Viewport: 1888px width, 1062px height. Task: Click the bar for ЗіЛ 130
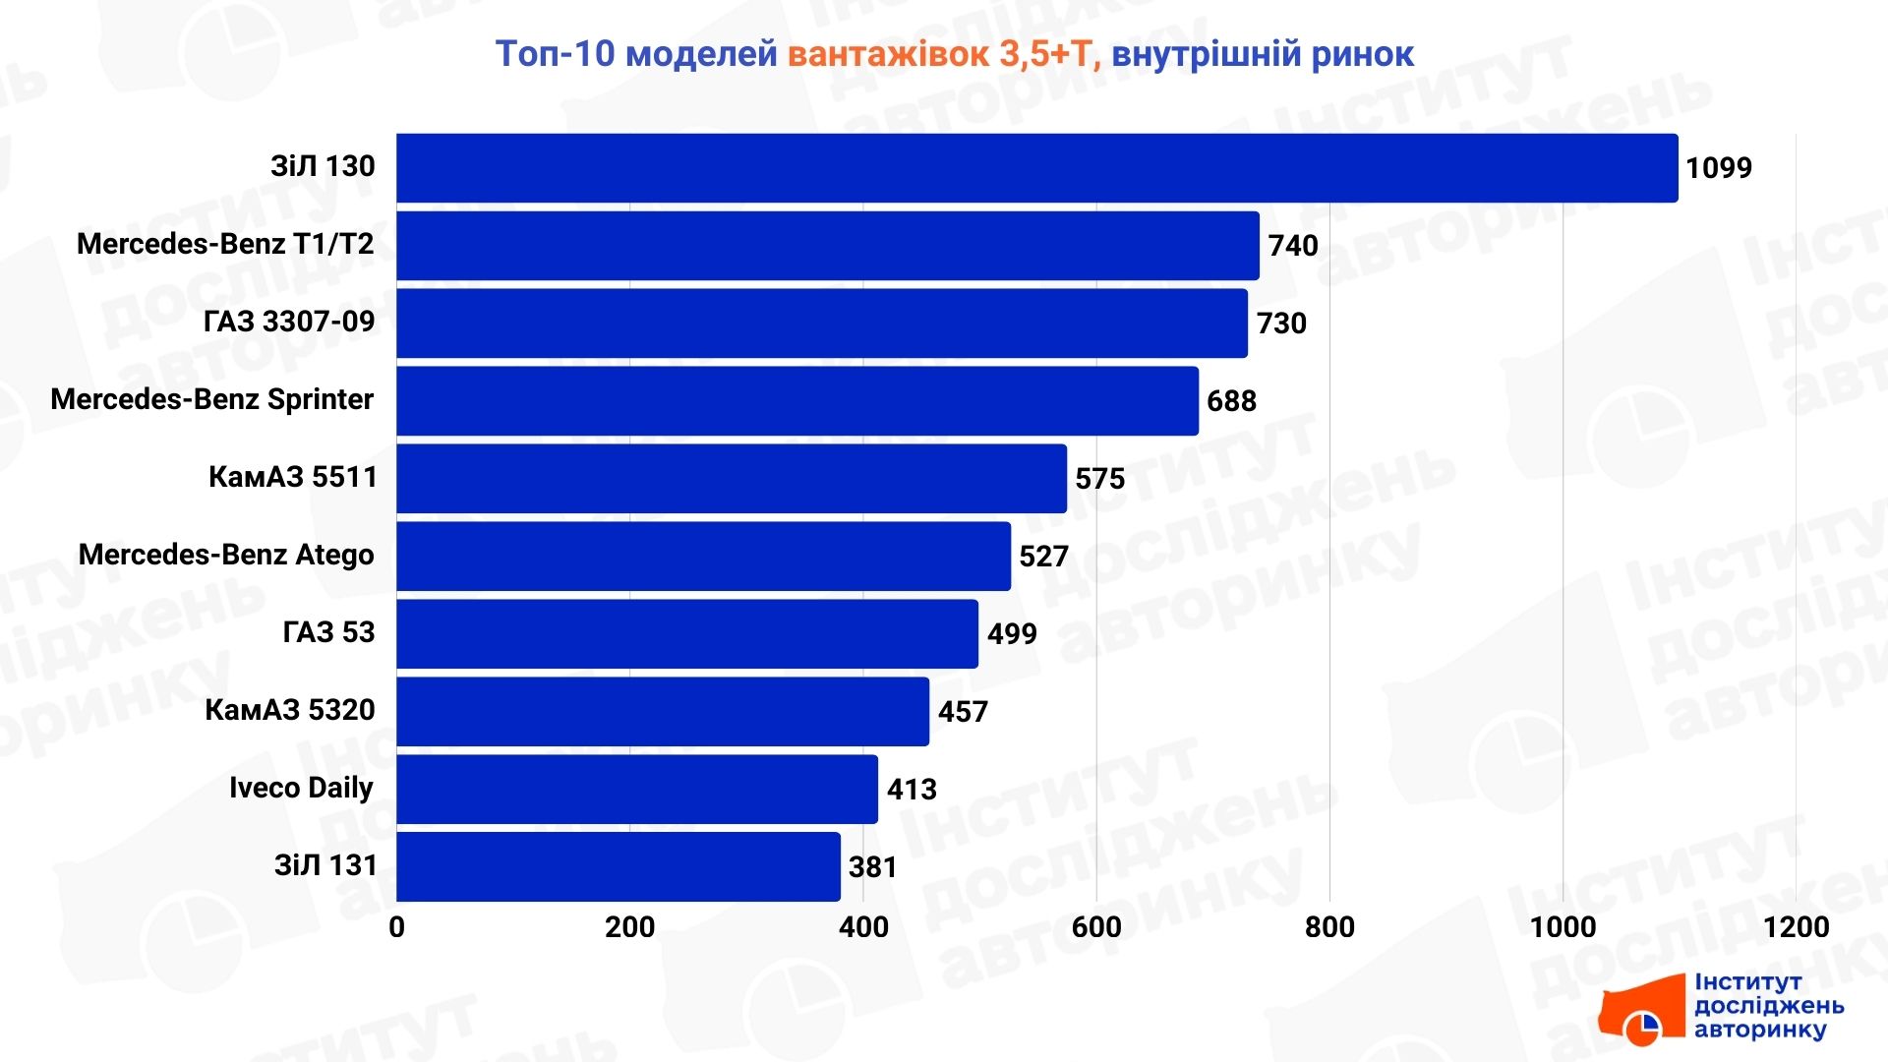[x=1036, y=168]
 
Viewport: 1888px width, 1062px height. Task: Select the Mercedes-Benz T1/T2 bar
[x=827, y=246]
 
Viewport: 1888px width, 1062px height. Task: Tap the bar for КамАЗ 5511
[x=731, y=479]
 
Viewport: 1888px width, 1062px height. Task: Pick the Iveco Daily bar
[x=636, y=790]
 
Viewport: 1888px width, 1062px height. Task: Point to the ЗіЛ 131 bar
[x=618, y=867]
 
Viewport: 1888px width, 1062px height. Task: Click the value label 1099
[x=1718, y=168]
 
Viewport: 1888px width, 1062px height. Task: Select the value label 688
[x=1231, y=401]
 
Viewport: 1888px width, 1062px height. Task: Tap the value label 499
[x=1012, y=634]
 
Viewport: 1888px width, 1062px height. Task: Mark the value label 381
[x=872, y=867]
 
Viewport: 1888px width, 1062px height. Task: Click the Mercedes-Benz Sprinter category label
[x=211, y=399]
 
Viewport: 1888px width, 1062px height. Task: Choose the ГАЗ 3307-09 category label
[x=289, y=322]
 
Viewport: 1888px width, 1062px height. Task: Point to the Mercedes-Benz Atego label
[x=226, y=555]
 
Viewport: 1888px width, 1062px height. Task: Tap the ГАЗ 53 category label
[x=328, y=632]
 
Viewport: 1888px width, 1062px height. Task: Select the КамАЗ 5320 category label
[x=289, y=710]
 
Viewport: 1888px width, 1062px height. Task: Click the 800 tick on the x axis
[x=1329, y=927]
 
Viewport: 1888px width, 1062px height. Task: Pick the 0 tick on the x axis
[x=396, y=927]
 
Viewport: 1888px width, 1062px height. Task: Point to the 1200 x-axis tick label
[x=1796, y=927]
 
